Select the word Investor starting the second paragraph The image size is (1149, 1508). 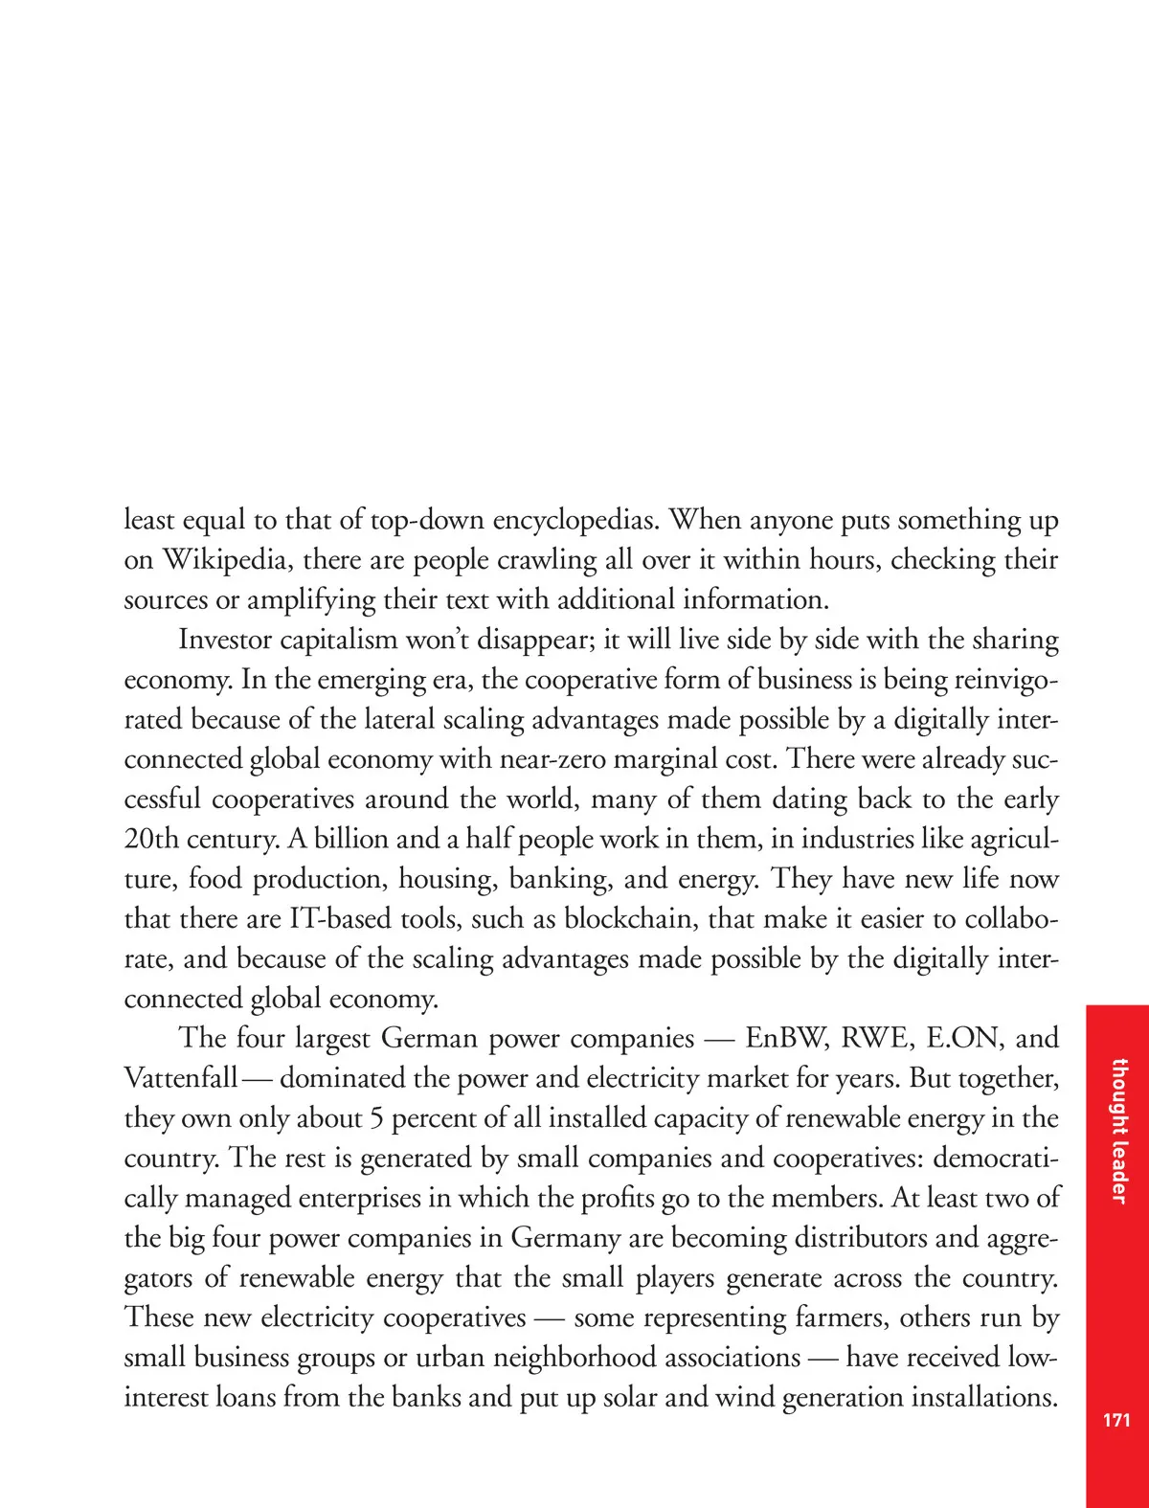pyautogui.click(x=226, y=640)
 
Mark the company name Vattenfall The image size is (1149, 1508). pyautogui.click(x=180, y=1078)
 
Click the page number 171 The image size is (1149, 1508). pyautogui.click(x=1116, y=1420)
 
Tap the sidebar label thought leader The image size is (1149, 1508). pyautogui.click(x=1117, y=1131)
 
